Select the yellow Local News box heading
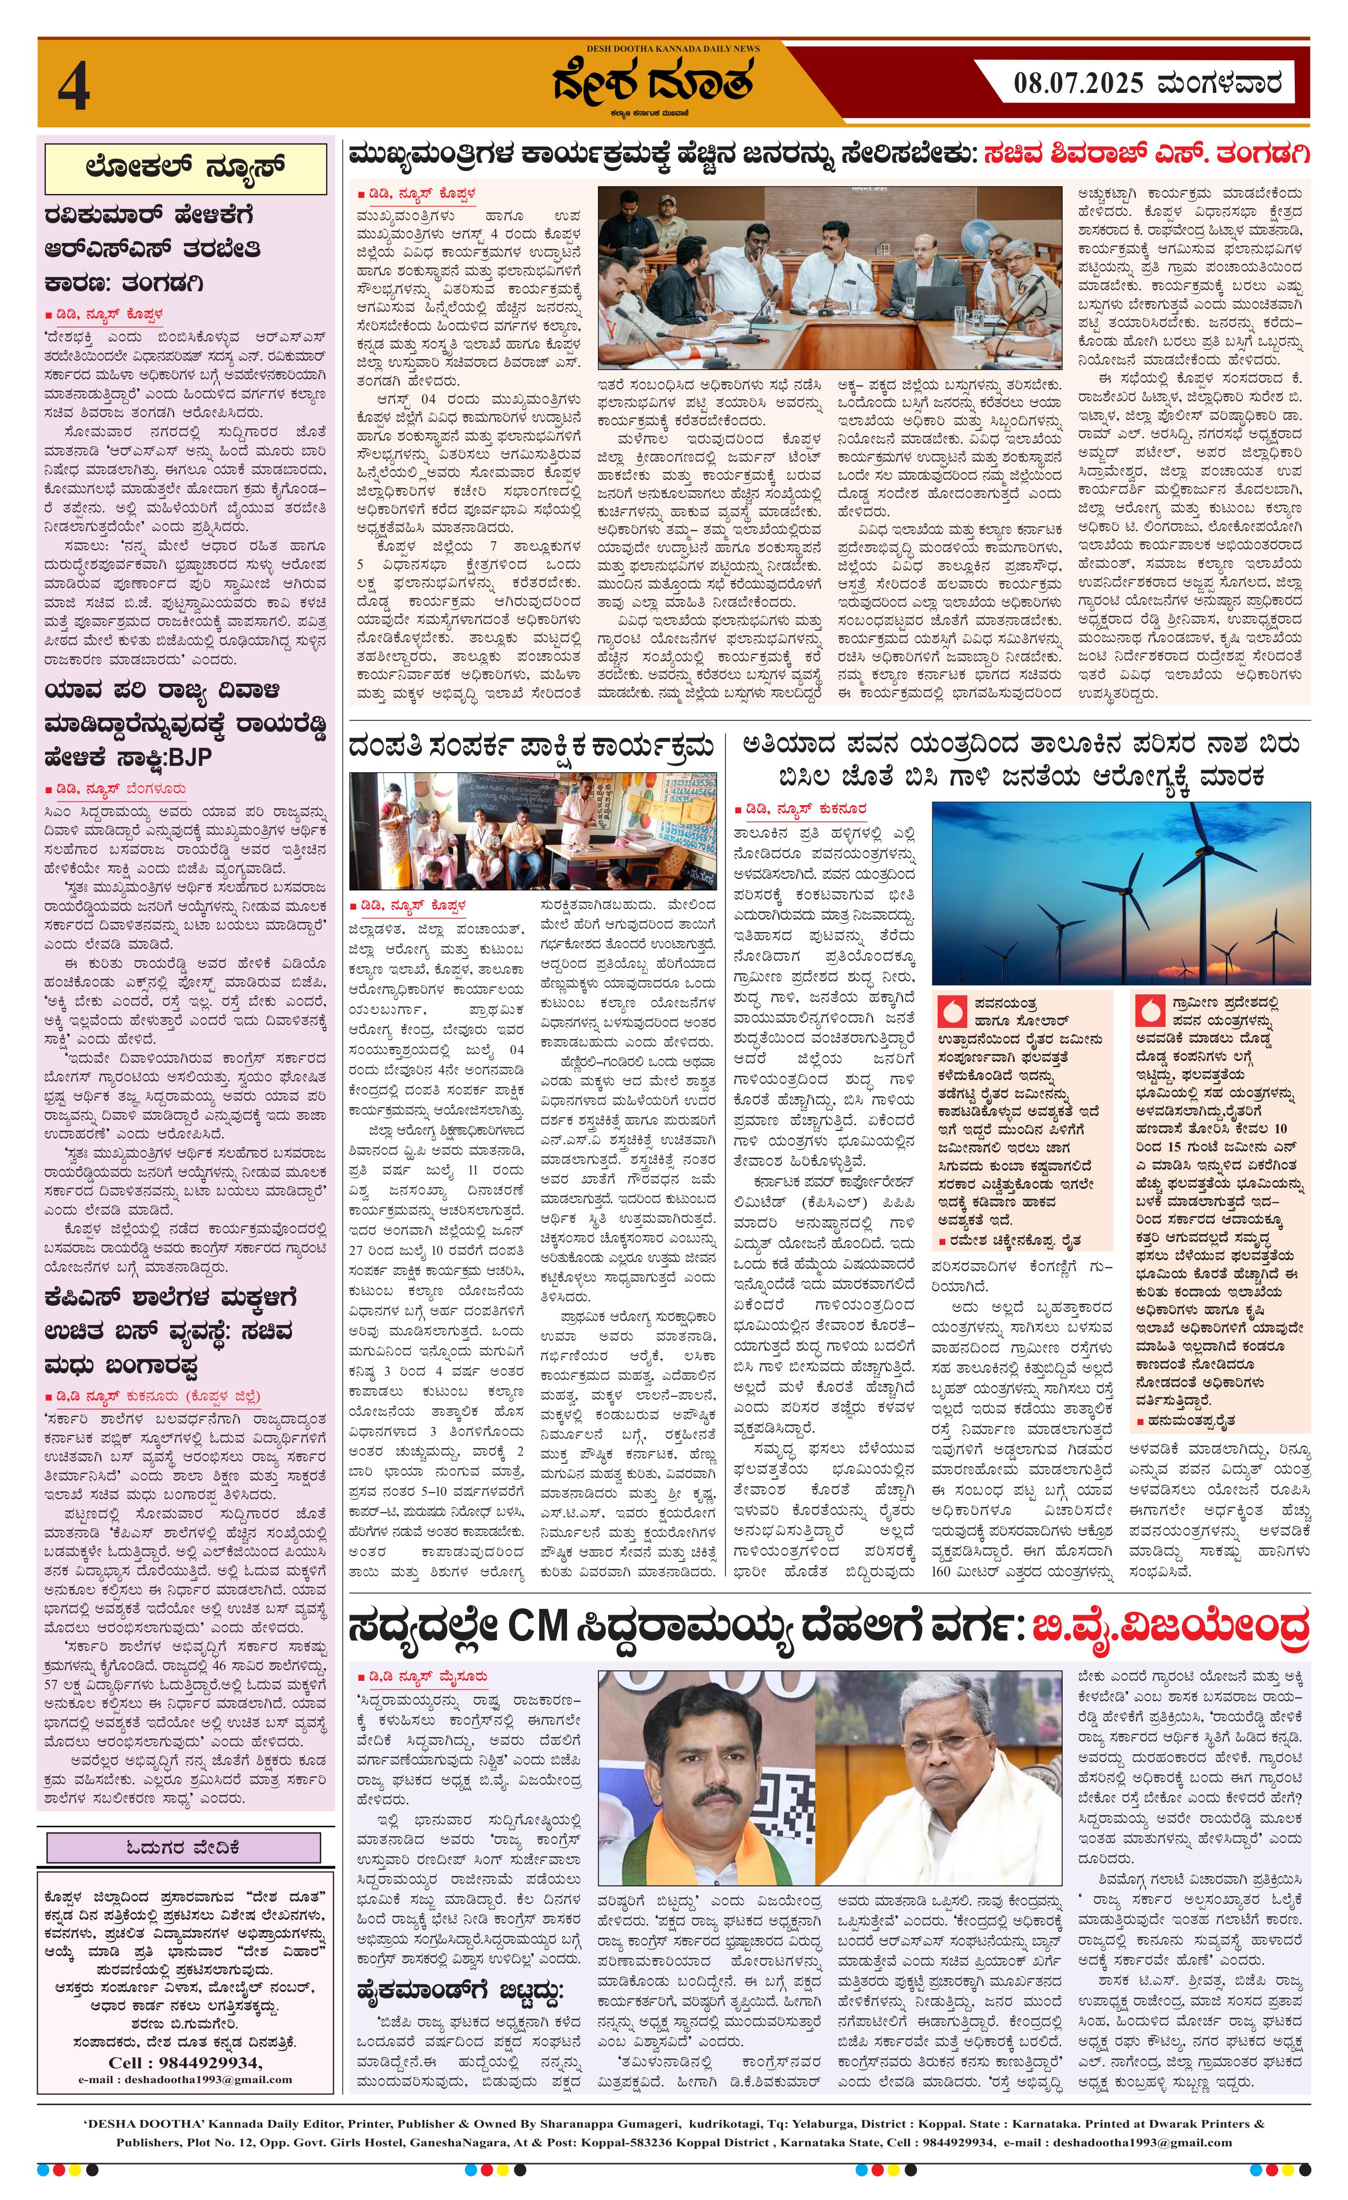(x=186, y=168)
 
